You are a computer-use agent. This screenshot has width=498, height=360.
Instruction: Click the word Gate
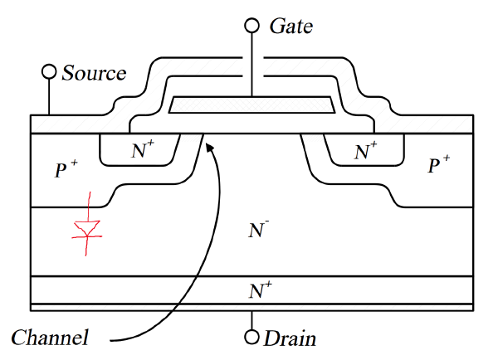(x=291, y=26)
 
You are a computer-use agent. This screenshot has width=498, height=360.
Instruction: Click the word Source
(x=94, y=73)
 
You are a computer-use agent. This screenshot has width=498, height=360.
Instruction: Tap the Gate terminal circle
(x=251, y=25)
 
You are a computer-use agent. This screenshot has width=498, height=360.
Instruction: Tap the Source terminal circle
(x=49, y=72)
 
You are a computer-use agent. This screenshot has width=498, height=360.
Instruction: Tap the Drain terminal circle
(x=251, y=338)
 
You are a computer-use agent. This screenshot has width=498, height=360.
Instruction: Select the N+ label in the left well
(x=143, y=151)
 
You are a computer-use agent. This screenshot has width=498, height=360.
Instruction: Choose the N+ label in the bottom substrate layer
(x=260, y=289)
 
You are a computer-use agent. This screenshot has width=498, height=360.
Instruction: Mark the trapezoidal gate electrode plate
(x=251, y=105)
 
